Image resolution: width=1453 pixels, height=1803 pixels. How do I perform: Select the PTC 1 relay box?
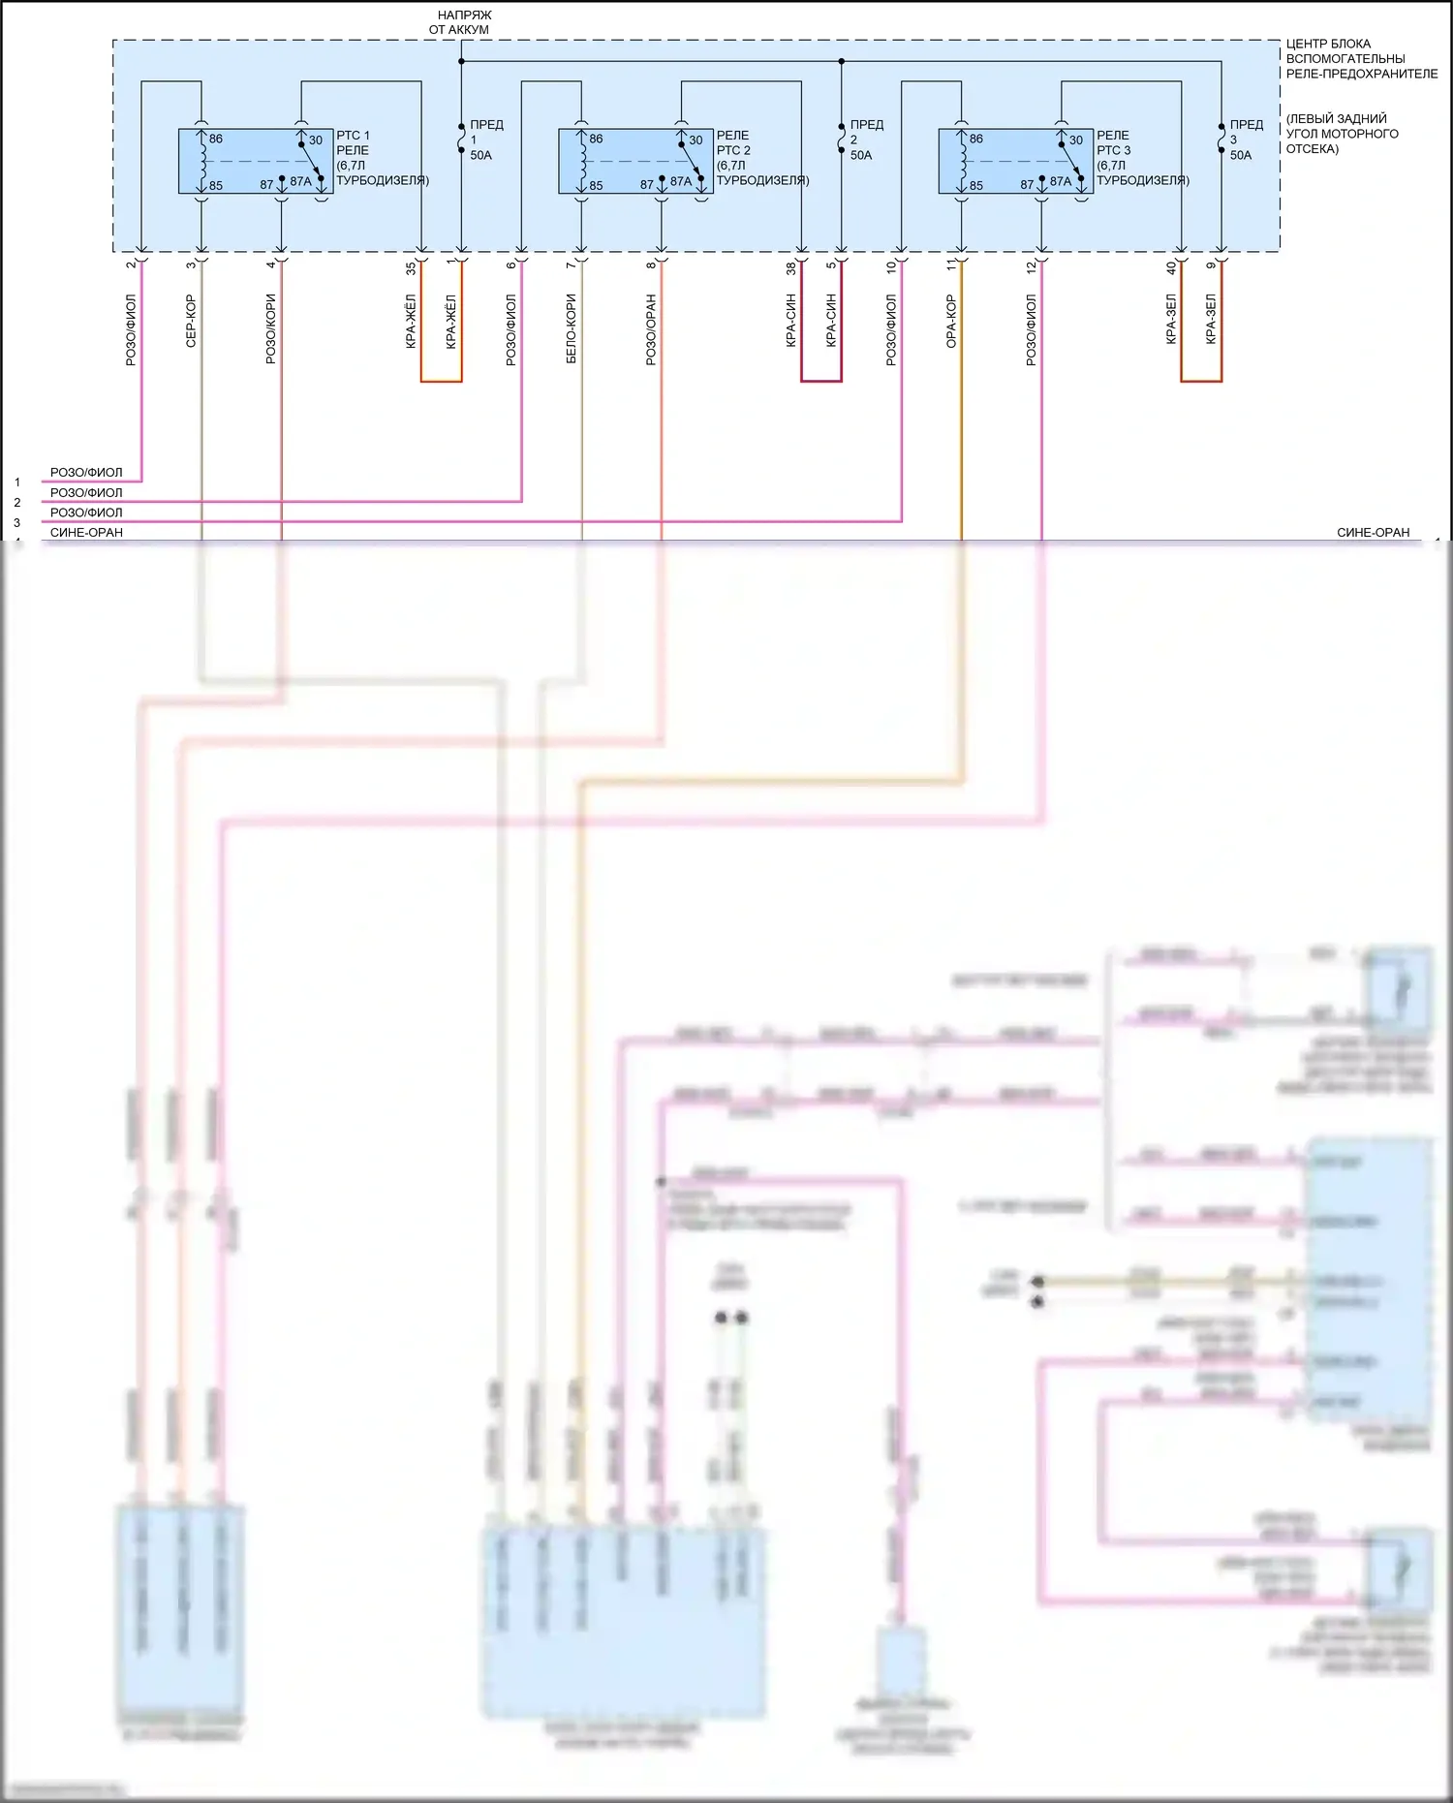click(256, 161)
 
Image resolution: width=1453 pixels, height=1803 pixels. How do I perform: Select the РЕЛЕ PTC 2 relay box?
click(635, 161)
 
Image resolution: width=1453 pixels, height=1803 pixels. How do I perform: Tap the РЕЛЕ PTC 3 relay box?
click(1016, 161)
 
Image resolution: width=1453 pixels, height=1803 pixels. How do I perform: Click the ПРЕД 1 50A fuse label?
click(484, 140)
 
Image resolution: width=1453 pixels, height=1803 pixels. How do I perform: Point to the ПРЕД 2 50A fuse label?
click(864, 140)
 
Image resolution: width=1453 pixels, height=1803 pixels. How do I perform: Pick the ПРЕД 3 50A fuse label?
click(1245, 140)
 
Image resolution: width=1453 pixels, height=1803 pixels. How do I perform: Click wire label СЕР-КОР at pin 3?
click(191, 321)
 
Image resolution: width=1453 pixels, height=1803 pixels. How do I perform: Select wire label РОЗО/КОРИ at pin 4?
click(271, 329)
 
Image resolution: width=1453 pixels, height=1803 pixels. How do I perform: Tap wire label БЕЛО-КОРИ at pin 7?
click(572, 329)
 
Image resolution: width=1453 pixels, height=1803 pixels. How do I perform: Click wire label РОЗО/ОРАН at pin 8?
click(651, 329)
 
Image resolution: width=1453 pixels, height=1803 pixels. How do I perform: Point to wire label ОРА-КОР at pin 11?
click(951, 321)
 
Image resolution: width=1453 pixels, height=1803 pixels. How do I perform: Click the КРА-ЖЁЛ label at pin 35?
click(411, 321)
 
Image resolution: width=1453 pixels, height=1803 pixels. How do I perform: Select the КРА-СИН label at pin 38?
click(791, 321)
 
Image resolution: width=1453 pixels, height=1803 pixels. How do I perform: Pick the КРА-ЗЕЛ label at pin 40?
click(1171, 321)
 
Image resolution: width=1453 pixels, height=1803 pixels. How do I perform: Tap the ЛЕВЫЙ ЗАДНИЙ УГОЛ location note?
click(1342, 134)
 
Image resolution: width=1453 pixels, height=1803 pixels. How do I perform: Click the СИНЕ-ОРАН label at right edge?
click(1373, 533)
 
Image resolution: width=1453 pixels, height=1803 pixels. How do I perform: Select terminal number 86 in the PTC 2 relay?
click(596, 139)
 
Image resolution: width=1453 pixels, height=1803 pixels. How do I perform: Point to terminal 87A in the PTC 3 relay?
click(1061, 181)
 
